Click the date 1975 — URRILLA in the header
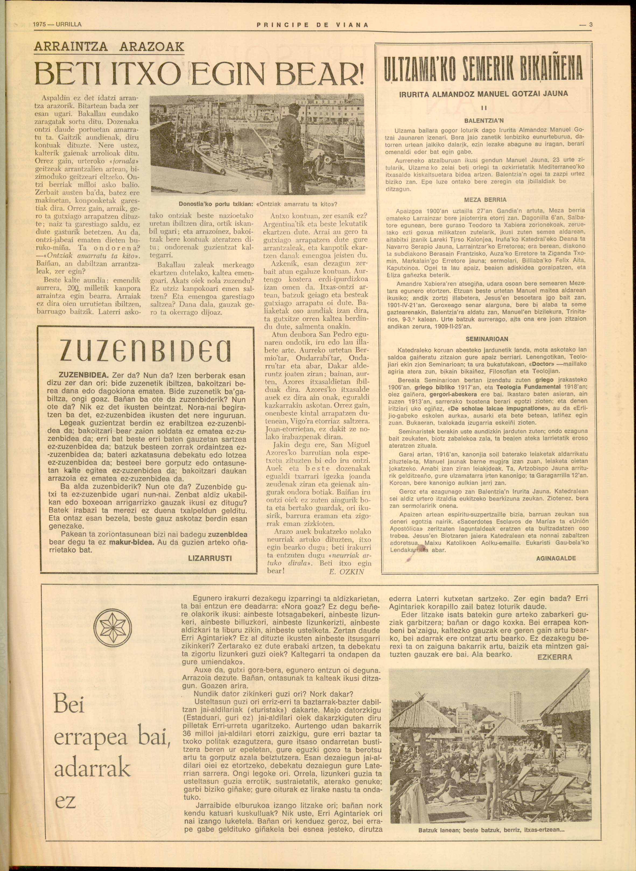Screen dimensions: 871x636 click(57, 25)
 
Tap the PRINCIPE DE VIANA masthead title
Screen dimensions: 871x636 click(312, 25)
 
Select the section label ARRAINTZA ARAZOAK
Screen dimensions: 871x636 click(109, 47)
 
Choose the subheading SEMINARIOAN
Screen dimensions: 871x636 click(487, 339)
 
